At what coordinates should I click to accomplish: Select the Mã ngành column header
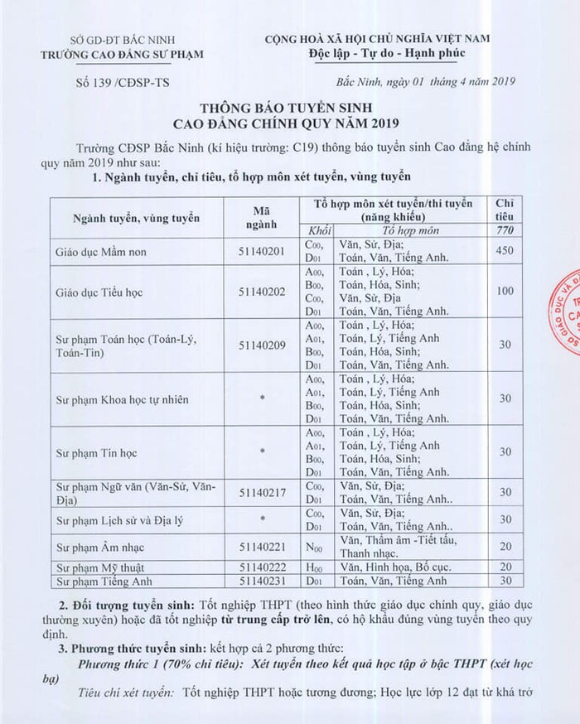[260, 217]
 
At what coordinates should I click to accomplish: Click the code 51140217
[260, 493]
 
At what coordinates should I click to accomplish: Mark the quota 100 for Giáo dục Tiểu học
[506, 291]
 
